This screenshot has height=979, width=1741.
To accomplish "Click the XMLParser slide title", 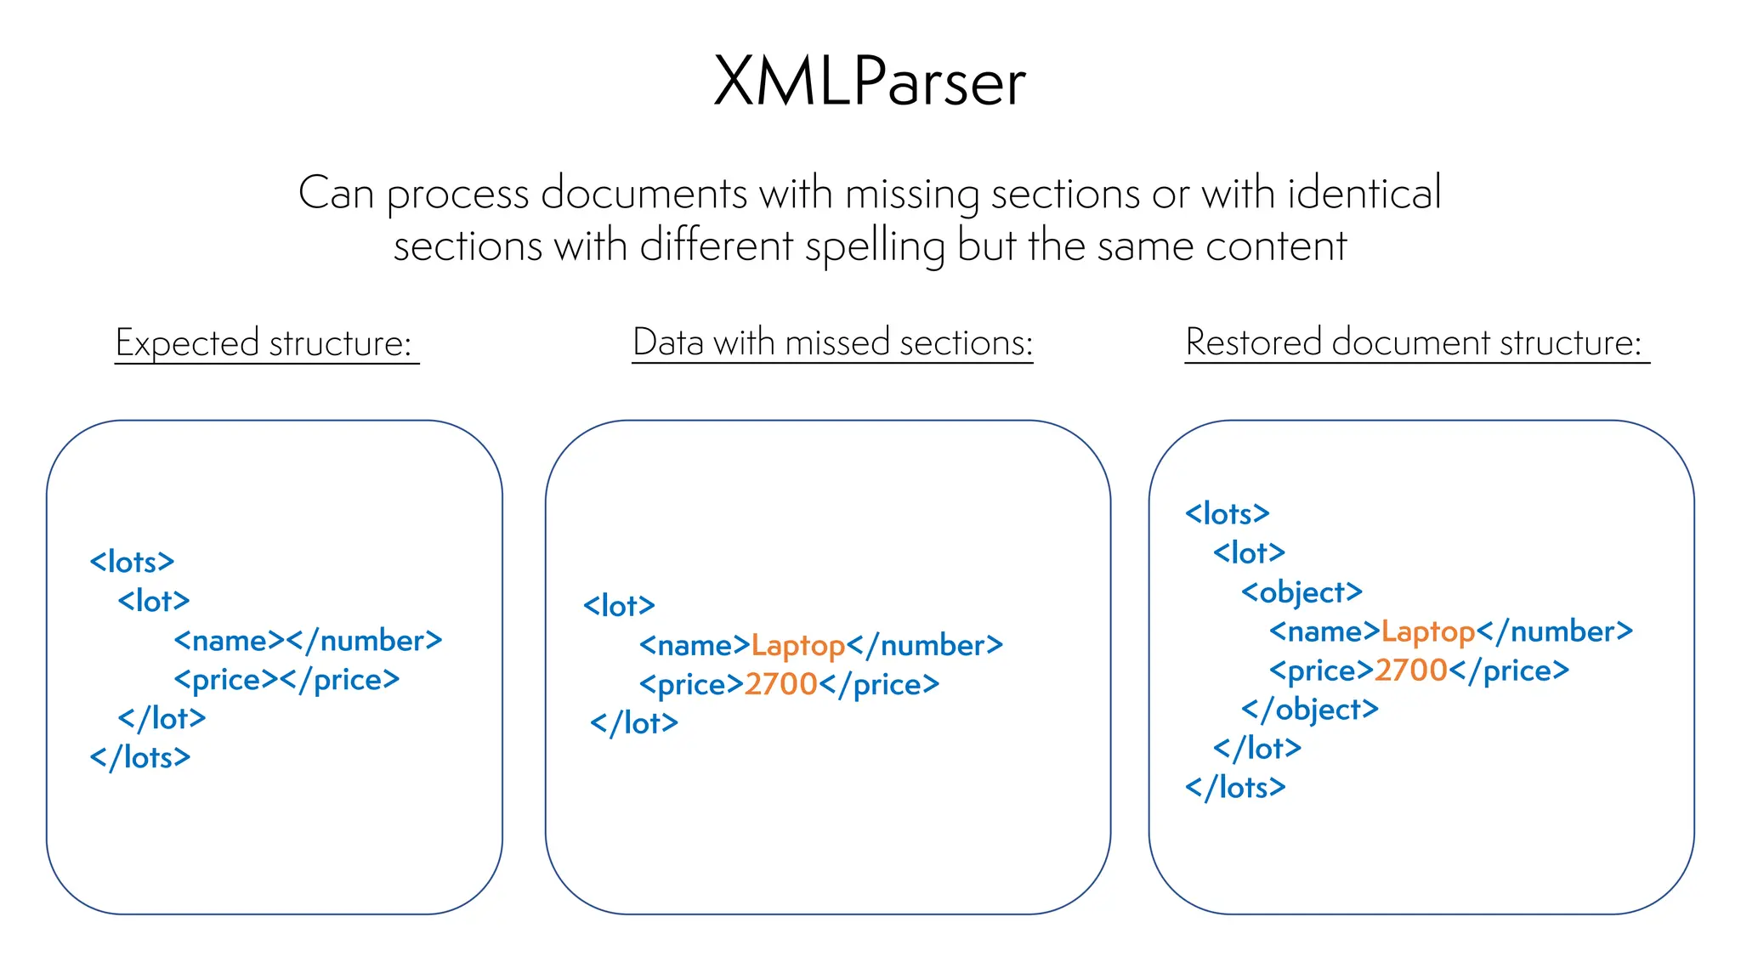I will pos(870,82).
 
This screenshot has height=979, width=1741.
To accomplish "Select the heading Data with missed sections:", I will pos(832,342).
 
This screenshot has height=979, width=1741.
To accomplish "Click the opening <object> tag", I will pos(1301,592).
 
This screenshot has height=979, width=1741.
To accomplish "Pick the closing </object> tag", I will pos(1309,710).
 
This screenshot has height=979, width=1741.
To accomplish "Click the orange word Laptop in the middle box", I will pos(797,646).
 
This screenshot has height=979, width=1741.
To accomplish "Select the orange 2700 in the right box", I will pos(1410,671).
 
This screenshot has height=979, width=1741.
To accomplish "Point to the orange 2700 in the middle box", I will pos(780,685).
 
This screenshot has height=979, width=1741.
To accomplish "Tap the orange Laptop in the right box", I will pos(1427,631).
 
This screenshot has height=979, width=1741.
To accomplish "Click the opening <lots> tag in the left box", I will pos(132,562).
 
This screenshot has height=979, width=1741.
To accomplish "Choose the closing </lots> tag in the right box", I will pos(1234,788).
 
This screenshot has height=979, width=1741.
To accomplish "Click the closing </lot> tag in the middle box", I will pos(634,723).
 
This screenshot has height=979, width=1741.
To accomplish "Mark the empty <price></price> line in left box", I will pos(286,680).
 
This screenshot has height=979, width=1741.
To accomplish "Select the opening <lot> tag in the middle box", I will pos(619,606).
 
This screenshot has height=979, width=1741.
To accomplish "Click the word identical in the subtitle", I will pos(1364,193).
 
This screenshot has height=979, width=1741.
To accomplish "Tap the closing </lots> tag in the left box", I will pos(139,757).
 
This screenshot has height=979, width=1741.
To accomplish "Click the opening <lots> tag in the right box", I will pos(1227,513).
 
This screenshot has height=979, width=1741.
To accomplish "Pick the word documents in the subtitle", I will pos(644,193).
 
